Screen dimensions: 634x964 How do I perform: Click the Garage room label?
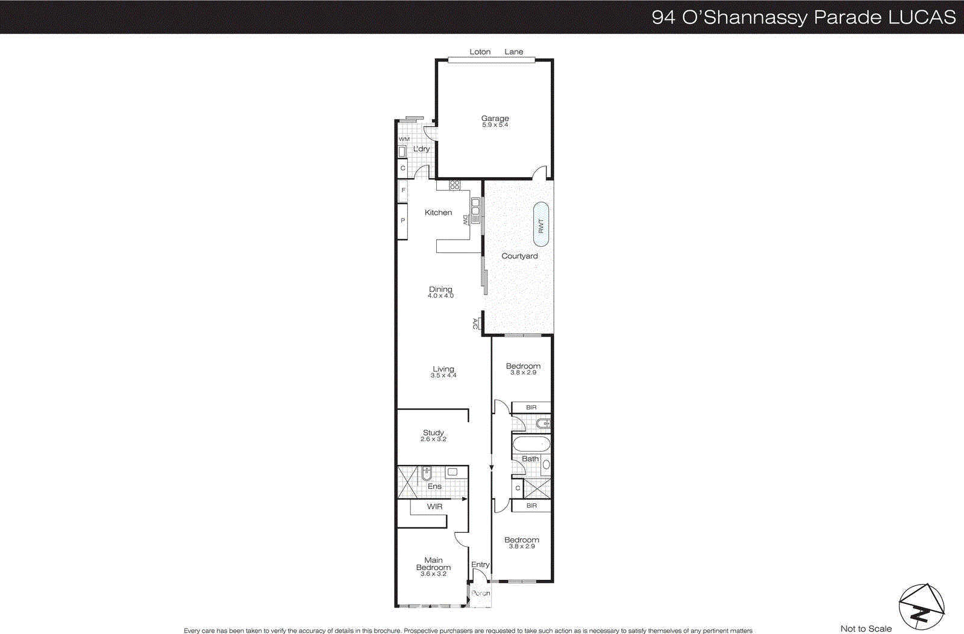(495, 119)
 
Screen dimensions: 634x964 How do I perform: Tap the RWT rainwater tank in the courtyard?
(541, 225)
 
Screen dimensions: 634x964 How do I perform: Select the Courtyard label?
(519, 256)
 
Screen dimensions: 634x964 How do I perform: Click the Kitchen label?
(438, 213)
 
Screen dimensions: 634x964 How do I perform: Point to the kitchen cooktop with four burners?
(455, 185)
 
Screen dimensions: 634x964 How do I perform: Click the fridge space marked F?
(403, 190)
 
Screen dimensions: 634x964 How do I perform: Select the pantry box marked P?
(402, 221)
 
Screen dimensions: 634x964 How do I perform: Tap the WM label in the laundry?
(404, 139)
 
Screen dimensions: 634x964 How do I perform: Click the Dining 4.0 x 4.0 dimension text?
(440, 296)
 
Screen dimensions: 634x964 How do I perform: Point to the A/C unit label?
(475, 324)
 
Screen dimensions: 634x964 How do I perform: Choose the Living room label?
(443, 369)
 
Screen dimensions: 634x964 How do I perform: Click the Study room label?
(433, 432)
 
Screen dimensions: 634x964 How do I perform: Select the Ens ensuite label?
(434, 486)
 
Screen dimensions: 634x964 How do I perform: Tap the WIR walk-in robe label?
(434, 507)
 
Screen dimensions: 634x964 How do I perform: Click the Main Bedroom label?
(433, 564)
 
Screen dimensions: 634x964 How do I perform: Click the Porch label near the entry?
(481, 594)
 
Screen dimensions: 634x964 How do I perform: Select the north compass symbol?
(921, 607)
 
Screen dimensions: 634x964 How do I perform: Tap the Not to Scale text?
(866, 629)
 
